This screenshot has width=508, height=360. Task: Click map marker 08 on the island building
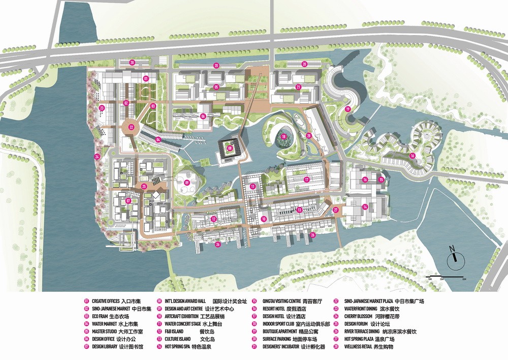(x=230, y=148)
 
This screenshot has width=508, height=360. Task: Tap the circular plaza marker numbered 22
(x=132, y=127)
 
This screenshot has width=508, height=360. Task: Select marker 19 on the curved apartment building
(x=348, y=109)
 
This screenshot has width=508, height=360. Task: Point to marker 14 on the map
(x=365, y=206)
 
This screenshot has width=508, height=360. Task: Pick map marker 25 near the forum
(x=144, y=187)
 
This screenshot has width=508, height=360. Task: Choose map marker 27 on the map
(x=335, y=209)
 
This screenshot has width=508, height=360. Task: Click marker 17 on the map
(x=307, y=179)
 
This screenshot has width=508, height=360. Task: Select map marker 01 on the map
(x=145, y=79)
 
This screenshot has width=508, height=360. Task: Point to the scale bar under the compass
(x=447, y=277)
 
